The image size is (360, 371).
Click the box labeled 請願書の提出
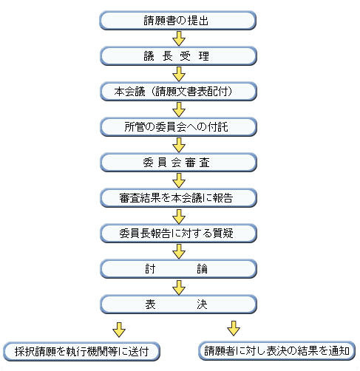(x=178, y=19)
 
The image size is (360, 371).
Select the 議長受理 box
(x=178, y=55)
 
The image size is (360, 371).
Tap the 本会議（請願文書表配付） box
(x=178, y=91)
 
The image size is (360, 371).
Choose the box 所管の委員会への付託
(x=178, y=126)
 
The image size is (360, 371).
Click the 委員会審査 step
(x=178, y=162)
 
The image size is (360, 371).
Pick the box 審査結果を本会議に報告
(x=178, y=197)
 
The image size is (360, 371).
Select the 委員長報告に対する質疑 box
(x=178, y=233)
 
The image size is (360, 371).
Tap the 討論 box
(x=178, y=268)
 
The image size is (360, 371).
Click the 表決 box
(x=178, y=304)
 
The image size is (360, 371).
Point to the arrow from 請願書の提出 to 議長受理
(x=178, y=37)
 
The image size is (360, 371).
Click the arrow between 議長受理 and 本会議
(x=178, y=73)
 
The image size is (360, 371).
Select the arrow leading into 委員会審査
(x=178, y=144)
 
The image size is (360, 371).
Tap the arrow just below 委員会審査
(x=178, y=180)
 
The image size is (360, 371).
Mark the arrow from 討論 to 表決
(x=178, y=286)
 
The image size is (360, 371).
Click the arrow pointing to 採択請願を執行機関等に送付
(x=118, y=327)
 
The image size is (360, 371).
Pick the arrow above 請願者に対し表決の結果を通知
(x=234, y=327)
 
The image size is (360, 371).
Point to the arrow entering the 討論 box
(x=178, y=251)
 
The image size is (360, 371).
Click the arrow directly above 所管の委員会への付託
(x=178, y=109)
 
